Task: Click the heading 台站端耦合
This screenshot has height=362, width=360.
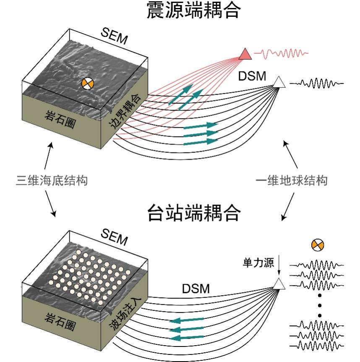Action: tap(194, 213)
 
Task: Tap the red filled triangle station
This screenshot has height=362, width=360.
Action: tap(245, 54)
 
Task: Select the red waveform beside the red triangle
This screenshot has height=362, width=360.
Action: tap(284, 53)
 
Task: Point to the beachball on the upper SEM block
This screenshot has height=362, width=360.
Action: tap(87, 83)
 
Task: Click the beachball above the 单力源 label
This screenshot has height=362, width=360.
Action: tap(318, 244)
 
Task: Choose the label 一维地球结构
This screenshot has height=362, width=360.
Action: tap(292, 181)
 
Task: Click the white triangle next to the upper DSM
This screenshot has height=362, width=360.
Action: tap(279, 81)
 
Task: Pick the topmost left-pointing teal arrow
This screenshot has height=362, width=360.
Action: tap(187, 321)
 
